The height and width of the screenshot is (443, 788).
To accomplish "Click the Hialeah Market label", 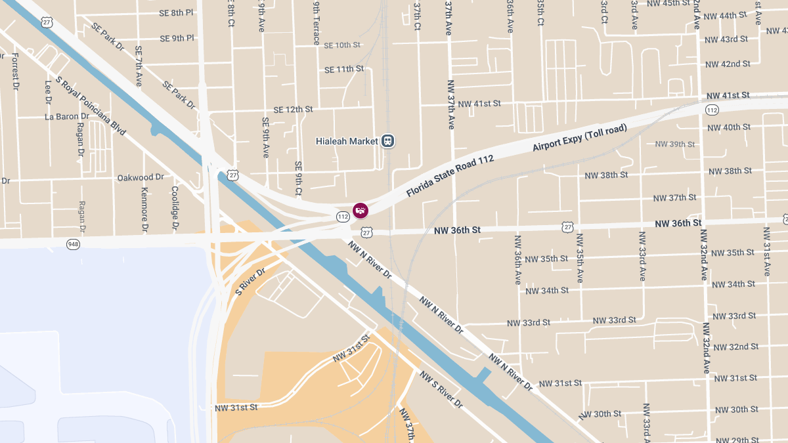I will (347, 141).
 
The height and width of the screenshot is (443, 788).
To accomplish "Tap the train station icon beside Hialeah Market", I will (388, 140).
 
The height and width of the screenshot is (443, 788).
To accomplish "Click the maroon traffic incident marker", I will (361, 210).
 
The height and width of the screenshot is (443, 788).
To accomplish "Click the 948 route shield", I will (74, 244).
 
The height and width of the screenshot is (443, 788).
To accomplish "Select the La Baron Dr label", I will (66, 117).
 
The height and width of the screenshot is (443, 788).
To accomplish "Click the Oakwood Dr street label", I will (141, 177).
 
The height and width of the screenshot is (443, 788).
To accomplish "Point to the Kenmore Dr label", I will (144, 210).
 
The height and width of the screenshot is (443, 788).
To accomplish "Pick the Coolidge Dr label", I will (175, 209).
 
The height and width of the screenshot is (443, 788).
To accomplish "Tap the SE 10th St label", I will (342, 45).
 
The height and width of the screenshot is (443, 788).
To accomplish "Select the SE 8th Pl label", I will (176, 12).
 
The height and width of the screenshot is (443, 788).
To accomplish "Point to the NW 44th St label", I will (726, 15).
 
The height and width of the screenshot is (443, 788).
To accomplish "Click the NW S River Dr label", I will (441, 390).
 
